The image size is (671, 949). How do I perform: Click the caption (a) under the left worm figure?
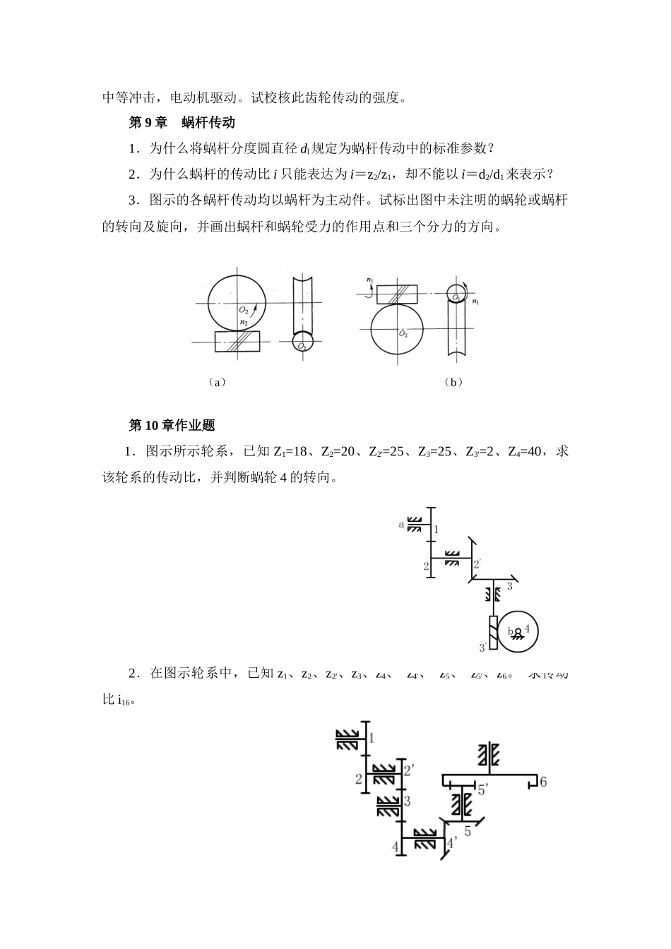pyautogui.click(x=217, y=382)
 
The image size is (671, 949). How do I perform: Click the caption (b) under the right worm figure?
pyautogui.click(x=453, y=382)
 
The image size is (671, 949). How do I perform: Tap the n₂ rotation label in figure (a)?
pyautogui.click(x=244, y=323)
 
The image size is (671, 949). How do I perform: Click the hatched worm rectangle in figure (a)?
pyautogui.click(x=237, y=342)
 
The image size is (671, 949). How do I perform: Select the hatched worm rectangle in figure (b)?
pyautogui.click(x=396, y=293)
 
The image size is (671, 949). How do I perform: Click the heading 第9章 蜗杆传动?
pyautogui.click(x=182, y=123)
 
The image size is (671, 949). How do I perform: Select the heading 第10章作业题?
pyautogui.click(x=172, y=425)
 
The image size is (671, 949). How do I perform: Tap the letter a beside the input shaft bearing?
pyautogui.click(x=401, y=524)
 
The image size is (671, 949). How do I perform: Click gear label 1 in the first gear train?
pyautogui.click(x=437, y=529)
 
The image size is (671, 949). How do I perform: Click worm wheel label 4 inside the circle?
pyautogui.click(x=527, y=628)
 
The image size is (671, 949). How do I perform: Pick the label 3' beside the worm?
pyautogui.click(x=482, y=647)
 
